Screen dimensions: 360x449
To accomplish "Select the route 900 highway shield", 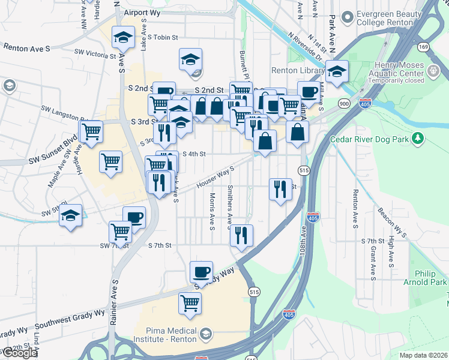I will (344, 103).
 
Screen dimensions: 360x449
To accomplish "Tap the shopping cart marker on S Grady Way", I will (190, 303).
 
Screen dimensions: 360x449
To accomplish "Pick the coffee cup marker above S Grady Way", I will (201, 272).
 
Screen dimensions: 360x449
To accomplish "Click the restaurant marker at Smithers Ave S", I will (241, 236).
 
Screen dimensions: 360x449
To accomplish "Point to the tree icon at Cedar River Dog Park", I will (419, 140).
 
